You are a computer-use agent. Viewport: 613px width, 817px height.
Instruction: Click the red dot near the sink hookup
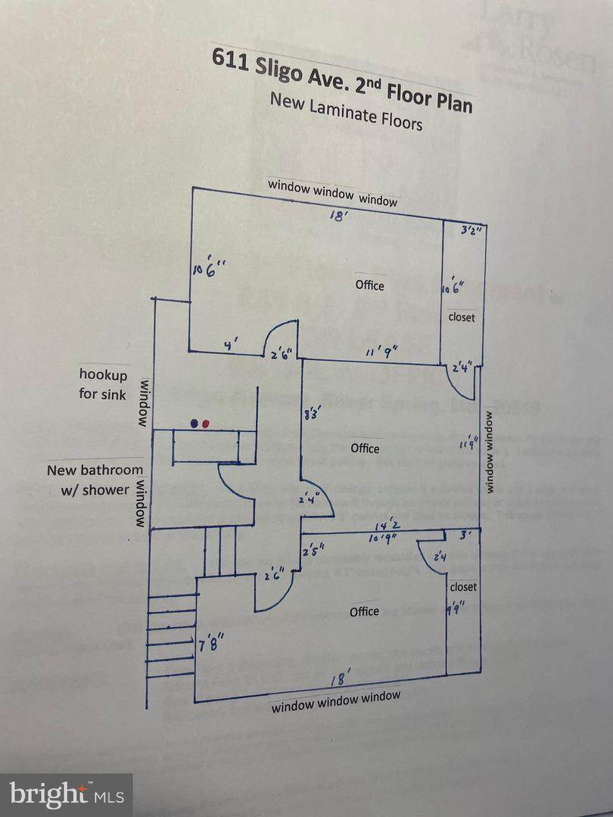click(x=206, y=424)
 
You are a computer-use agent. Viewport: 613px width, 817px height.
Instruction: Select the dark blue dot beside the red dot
click(x=194, y=424)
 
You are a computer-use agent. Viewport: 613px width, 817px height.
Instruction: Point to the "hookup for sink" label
click(x=103, y=384)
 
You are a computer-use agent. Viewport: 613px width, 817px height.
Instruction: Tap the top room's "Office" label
click(x=369, y=285)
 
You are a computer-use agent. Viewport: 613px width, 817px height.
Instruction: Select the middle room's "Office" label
click(x=365, y=449)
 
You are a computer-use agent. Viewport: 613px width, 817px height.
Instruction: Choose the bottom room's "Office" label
click(x=364, y=611)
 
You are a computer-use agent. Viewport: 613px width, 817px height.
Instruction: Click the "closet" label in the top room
click(x=462, y=318)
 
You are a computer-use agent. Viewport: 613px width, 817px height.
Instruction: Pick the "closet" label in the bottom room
click(x=463, y=587)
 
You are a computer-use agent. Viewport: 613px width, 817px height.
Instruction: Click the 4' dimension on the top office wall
click(x=231, y=344)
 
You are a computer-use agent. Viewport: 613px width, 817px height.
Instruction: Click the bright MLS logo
click(x=66, y=794)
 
